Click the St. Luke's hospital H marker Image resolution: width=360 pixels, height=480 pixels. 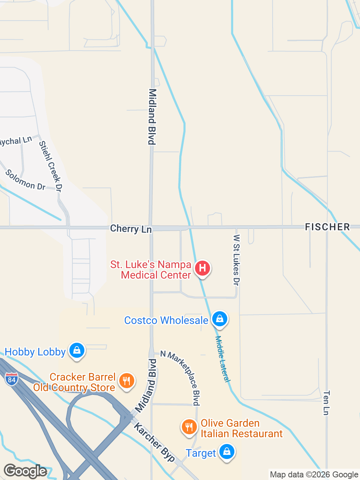pos(202,268)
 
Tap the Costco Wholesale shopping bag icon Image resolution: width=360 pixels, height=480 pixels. pos(220,319)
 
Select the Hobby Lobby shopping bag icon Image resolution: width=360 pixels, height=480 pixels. pos(77,350)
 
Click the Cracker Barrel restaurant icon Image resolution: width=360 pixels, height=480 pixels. pos(127,381)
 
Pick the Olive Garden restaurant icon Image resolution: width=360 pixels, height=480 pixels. pos(189,427)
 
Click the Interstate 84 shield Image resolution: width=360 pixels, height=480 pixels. pos(12,379)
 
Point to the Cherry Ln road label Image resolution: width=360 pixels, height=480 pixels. pos(131,228)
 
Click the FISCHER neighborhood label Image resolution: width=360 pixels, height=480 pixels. pos(327,227)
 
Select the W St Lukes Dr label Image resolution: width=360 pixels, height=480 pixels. pos(236,260)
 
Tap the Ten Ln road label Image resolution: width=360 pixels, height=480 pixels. pos(326,403)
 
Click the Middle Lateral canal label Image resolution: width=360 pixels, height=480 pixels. pos(222,358)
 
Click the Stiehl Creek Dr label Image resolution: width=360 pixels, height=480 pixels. pos(50,166)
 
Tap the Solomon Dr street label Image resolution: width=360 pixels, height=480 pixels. pos(25,180)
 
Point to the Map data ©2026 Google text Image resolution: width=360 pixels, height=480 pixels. pos(314,475)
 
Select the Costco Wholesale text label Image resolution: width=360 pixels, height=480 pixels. pos(166,320)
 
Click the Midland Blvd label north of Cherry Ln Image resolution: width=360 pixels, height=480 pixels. pos(152,117)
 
